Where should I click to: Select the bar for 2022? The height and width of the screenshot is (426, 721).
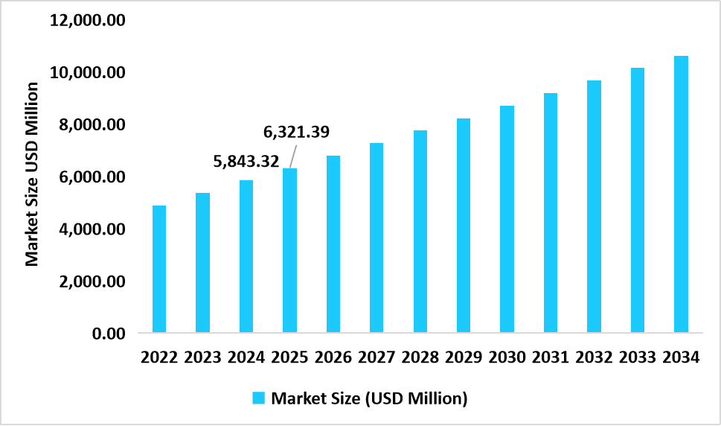(158, 269)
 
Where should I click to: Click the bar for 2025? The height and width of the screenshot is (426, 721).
(289, 250)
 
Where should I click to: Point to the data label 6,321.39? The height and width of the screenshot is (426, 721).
(296, 133)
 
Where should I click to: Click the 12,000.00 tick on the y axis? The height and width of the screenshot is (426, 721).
(86, 20)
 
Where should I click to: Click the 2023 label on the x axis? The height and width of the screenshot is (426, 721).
(202, 357)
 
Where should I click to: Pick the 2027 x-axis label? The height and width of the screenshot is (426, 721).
(376, 357)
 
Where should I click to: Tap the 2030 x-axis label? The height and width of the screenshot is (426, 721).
(507, 357)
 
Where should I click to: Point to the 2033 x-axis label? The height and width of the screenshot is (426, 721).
(638, 357)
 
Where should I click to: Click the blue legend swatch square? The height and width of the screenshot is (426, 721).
(258, 398)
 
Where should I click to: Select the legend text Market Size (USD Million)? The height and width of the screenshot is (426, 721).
(369, 398)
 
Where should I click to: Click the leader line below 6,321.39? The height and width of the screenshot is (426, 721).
(292, 156)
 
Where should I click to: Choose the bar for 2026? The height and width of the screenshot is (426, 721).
(333, 244)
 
